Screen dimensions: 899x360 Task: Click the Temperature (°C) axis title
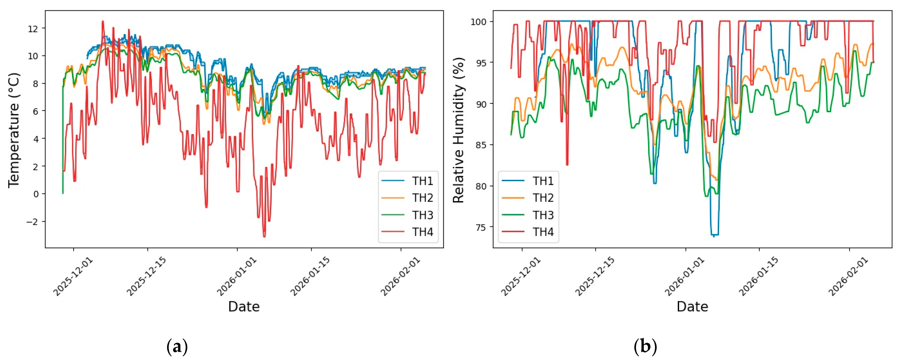[x=14, y=130]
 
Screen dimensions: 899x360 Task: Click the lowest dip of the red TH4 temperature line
[x=264, y=237]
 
